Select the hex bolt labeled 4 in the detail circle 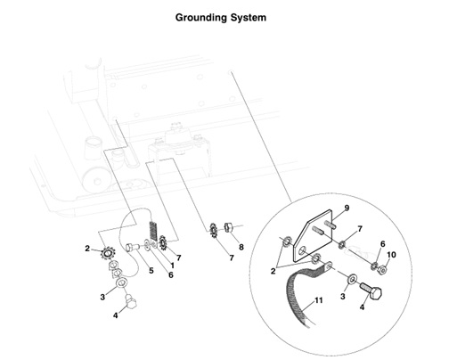373,294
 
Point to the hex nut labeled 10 382,267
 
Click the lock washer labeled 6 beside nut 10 375,262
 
